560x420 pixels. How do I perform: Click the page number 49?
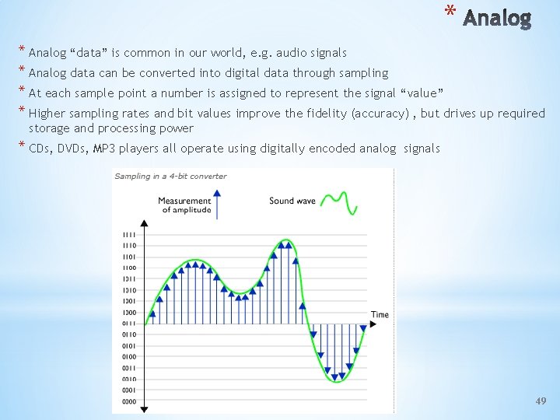coord(541,401)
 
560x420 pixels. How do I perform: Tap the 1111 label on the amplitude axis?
coord(128,234)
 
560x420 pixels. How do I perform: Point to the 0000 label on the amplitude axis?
coord(128,401)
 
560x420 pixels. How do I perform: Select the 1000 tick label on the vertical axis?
coord(128,312)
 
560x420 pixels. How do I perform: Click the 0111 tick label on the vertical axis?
coord(128,323)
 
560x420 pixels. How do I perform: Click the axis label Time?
coord(380,315)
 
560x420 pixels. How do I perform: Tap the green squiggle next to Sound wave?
coord(340,201)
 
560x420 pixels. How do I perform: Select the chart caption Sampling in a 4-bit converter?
coord(170,176)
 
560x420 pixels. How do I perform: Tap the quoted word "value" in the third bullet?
coord(419,93)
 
